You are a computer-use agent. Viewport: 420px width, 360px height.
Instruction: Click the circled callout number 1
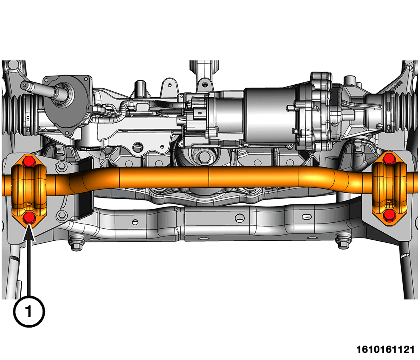29,312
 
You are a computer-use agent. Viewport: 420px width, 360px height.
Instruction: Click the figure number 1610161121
385,350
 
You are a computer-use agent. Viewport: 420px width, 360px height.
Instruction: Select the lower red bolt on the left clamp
29,218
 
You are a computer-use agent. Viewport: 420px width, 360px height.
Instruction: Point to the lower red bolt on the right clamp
389,215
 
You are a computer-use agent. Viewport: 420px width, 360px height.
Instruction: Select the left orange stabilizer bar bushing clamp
29,190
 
